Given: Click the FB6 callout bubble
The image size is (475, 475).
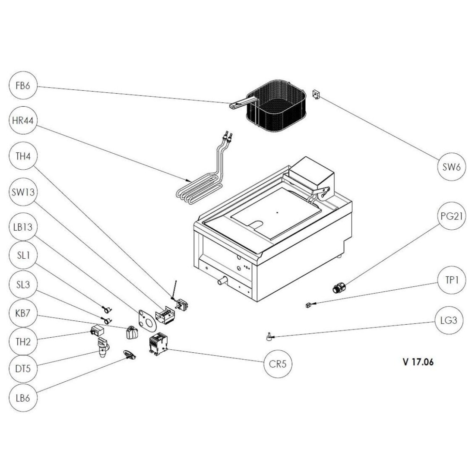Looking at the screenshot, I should [22, 85].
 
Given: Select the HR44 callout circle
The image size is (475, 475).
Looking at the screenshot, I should [22, 122].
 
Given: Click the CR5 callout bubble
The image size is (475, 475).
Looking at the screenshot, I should [278, 364].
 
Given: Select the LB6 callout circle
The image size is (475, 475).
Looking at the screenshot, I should [22, 397].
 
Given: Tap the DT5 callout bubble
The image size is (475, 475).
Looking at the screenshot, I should [22, 369].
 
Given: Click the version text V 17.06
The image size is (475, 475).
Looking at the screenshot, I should [418, 362].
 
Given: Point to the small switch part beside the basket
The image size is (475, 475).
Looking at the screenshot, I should [316, 94].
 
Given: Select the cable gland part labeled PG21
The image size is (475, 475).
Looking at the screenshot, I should [339, 287].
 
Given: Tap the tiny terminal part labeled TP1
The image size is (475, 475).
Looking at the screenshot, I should [308, 305].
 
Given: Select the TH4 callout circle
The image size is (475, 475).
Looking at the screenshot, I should [22, 156].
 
